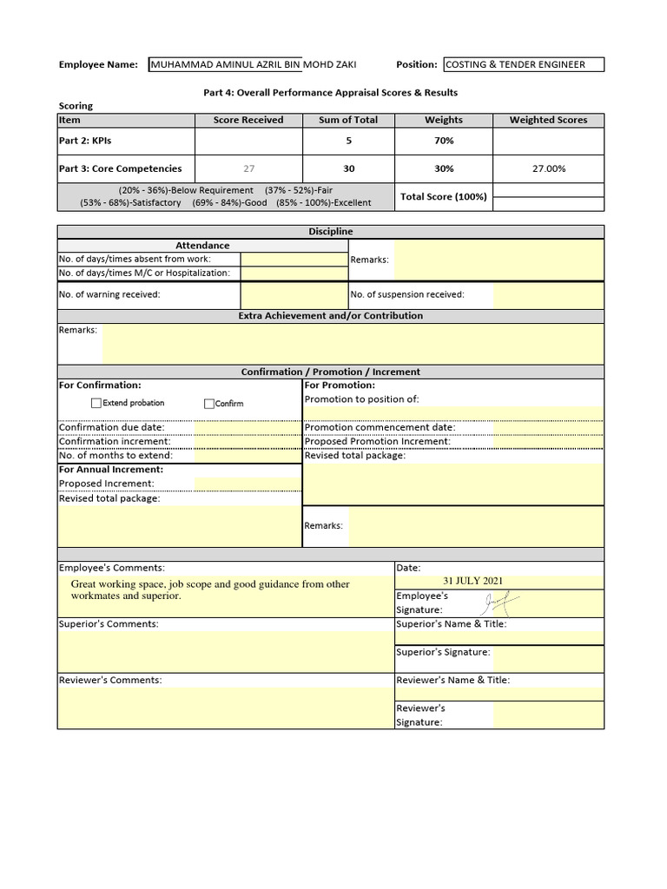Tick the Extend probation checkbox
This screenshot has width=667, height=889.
point(96,403)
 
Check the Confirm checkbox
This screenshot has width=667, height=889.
point(209,404)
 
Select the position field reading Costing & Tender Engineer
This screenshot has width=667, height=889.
point(523,64)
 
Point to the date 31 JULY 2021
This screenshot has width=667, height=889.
point(472,581)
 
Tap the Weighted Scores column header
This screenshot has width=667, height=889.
point(548,120)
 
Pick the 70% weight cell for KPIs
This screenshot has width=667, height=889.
point(444,141)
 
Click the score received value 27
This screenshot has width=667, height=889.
point(248,168)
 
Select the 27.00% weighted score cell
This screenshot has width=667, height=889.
point(548,168)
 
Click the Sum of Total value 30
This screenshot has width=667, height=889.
point(348,168)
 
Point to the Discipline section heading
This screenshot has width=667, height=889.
point(331,232)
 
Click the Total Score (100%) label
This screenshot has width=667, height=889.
point(444,197)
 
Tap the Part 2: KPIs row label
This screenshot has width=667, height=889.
point(85,141)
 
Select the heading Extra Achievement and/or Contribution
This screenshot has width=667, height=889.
point(331,316)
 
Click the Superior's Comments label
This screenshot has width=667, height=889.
point(109,624)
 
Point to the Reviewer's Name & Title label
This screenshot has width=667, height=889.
point(452,681)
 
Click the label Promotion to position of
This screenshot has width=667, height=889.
point(362,399)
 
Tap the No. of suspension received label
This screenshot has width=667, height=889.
point(407,294)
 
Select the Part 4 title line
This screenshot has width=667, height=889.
point(330,92)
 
